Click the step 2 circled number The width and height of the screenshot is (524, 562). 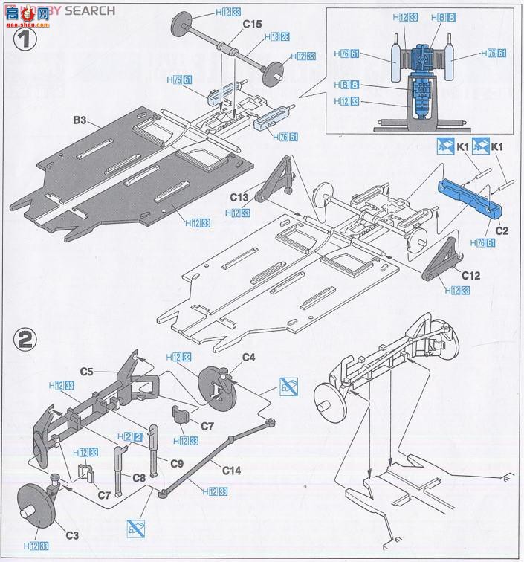(25, 341)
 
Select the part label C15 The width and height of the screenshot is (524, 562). (252, 25)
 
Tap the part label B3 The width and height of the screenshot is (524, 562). (81, 120)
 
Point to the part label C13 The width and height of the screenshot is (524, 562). (239, 197)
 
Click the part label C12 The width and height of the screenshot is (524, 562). (470, 276)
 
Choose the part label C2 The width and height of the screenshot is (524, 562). (502, 230)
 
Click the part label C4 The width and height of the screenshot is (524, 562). (249, 358)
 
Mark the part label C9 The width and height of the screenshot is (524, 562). (176, 463)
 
